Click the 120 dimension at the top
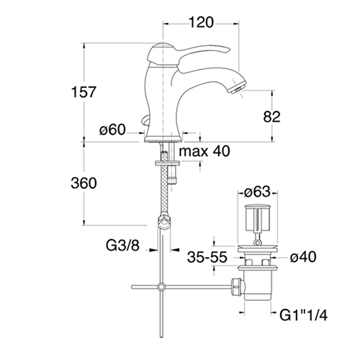pyautogui.click(x=201, y=22)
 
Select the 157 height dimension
pyautogui.click(x=84, y=92)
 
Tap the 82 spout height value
pyautogui.click(x=271, y=117)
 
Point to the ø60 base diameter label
pyautogui.click(x=112, y=130)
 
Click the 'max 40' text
pyautogui.click(x=204, y=151)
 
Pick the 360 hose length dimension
pyautogui.click(x=84, y=184)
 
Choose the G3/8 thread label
pyautogui.click(x=122, y=246)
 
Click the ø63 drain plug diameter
pyautogui.click(x=257, y=192)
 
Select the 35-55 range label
pyautogui.click(x=207, y=257)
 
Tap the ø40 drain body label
pyautogui.click(x=303, y=257)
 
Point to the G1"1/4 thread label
pyautogui.click(x=303, y=315)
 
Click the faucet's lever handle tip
pyautogui.click(x=228, y=49)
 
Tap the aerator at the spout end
pyautogui.click(x=238, y=86)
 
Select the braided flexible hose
pyautogui.click(x=164, y=182)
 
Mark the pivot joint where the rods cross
pyautogui.click(x=162, y=287)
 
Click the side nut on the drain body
pyautogui.click(x=236, y=287)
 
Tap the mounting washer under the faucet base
pyautogui.click(x=167, y=163)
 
